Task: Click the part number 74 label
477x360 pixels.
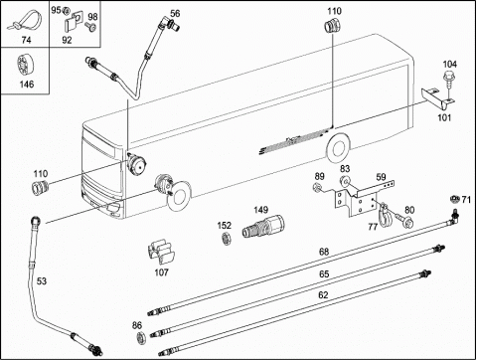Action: tap(26, 40)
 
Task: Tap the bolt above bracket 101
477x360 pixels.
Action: tap(448, 78)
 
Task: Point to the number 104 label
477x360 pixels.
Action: tap(449, 64)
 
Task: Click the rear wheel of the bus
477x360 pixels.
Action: tap(338, 148)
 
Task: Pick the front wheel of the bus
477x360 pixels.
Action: tap(179, 197)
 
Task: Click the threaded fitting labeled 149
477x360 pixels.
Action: tap(263, 226)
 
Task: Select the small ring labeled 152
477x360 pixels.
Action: tap(226, 239)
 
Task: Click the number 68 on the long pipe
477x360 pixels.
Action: tap(324, 252)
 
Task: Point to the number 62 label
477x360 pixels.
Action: tap(323, 294)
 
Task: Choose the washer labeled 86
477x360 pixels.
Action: tap(142, 338)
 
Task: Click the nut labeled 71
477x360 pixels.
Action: tap(454, 199)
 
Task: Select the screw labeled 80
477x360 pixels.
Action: tap(403, 220)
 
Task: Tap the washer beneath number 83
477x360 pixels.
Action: tap(345, 181)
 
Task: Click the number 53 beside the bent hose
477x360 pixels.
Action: tap(42, 281)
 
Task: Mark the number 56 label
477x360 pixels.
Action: tap(175, 13)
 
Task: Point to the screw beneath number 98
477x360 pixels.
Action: tap(90, 26)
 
